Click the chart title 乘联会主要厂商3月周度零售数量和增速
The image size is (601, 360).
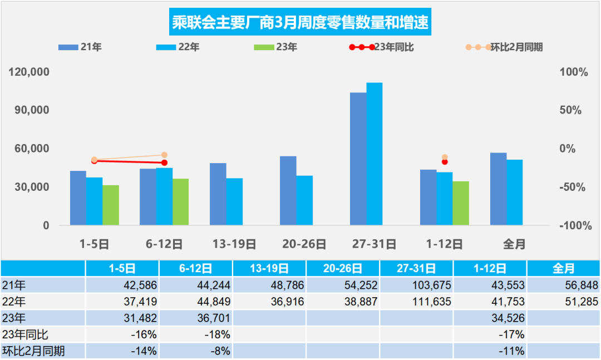(300, 24)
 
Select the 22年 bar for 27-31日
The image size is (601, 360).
(375, 154)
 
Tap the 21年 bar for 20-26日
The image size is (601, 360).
(288, 191)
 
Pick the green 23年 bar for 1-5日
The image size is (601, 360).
(111, 205)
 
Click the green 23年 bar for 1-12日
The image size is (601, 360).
(461, 203)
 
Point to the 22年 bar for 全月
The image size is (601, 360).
(515, 193)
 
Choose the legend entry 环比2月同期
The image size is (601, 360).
(504, 47)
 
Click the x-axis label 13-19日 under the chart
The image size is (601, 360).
(234, 244)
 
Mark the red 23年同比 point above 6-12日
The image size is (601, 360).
(164, 162)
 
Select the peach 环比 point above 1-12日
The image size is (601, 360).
(445, 157)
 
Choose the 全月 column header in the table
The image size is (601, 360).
(563, 269)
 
